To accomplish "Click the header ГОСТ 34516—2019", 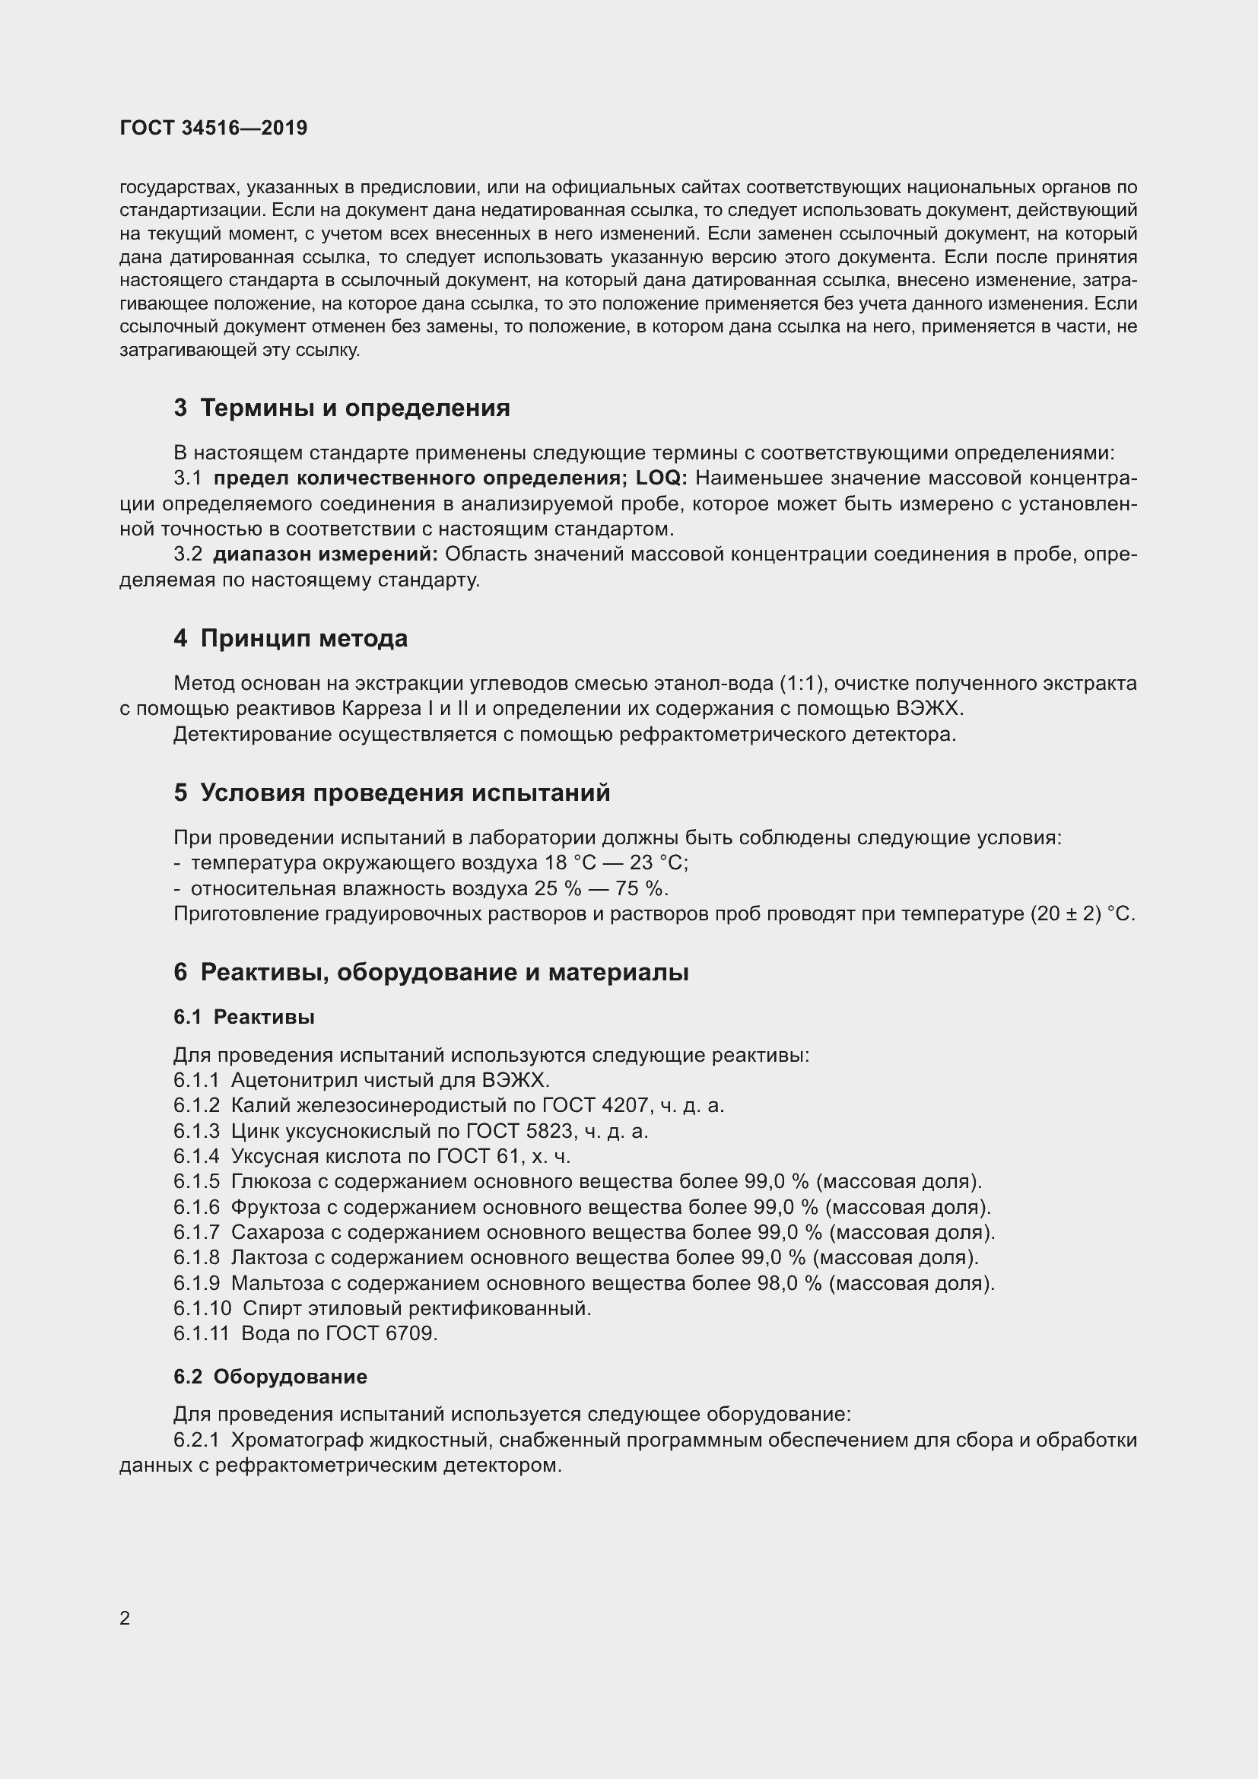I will coord(213,128).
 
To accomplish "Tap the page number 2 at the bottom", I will coord(125,1619).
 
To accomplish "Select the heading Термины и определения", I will coord(354,408).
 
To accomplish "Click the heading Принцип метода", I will coord(303,638).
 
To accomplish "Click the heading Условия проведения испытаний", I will coord(405,793).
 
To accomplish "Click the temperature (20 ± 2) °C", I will coord(1082,914).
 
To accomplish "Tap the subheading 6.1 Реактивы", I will coord(244,1018).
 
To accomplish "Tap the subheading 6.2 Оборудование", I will coord(270,1377).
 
